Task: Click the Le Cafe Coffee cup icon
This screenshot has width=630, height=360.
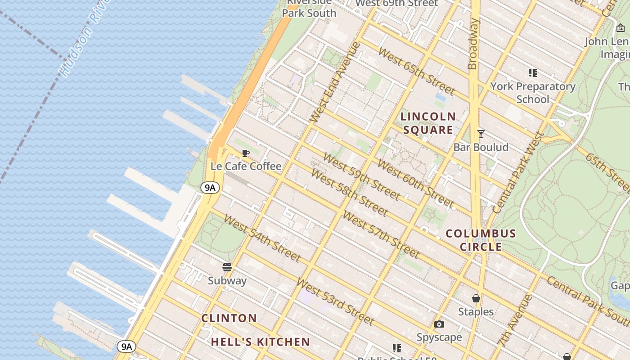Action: point(246,153)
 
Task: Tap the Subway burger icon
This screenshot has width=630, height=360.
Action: point(227,267)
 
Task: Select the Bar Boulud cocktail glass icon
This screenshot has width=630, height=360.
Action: point(481,134)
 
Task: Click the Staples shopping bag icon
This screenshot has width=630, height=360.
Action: point(476,298)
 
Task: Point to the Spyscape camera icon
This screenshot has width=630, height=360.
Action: point(439,324)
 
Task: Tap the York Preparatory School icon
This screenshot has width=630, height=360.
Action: point(533,72)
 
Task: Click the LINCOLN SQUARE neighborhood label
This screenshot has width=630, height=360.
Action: point(428,123)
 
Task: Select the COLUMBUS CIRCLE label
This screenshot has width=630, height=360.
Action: point(481,240)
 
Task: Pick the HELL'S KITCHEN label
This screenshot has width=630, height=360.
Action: point(261,342)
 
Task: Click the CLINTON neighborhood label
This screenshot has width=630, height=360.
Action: point(229,318)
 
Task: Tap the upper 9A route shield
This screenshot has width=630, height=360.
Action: point(210,188)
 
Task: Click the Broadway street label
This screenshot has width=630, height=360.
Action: point(472,44)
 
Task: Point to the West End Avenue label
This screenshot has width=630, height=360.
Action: point(336,82)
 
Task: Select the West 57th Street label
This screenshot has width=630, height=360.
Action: point(381,234)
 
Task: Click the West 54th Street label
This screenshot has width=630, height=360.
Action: point(262,238)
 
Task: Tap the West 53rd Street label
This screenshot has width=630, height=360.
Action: point(335,301)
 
